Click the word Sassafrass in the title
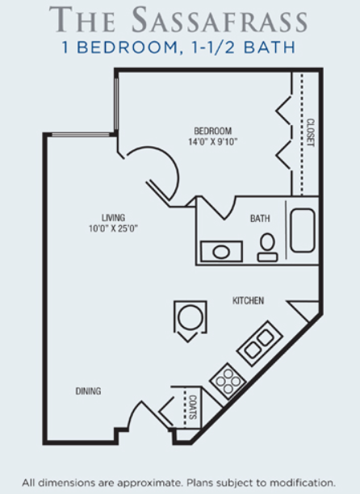coord(220,19)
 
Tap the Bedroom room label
coord(212,131)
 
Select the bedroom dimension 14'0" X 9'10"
coord(212,142)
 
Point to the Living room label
coord(113,218)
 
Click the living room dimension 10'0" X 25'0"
coord(113,228)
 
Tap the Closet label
coord(311,132)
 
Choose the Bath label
coord(260,218)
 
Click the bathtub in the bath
coord(303,230)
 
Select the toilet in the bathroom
coord(267,248)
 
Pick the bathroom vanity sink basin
coord(221,252)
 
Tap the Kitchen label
coord(248,300)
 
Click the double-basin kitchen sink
coord(260,343)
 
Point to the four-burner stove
coord(228,381)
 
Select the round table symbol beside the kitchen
coord(190,317)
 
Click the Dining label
coord(88,391)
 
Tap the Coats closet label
coord(192,407)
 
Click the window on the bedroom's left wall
coord(116,104)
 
